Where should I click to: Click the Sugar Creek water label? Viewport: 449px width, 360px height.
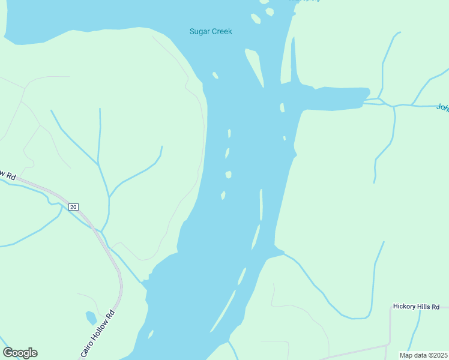(x=210, y=31)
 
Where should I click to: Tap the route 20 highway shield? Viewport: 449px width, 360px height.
(x=73, y=207)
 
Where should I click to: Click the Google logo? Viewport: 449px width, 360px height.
(x=20, y=353)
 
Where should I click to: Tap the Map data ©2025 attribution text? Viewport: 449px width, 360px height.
(x=424, y=355)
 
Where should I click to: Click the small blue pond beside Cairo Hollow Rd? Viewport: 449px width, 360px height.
(x=91, y=317)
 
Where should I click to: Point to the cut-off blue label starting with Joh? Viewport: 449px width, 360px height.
(x=442, y=107)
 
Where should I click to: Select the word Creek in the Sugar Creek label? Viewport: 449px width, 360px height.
(x=221, y=31)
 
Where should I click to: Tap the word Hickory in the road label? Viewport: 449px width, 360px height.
(x=406, y=307)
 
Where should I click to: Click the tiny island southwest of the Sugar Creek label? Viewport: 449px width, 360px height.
(x=215, y=76)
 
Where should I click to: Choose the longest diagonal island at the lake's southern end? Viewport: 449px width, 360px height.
(x=223, y=310)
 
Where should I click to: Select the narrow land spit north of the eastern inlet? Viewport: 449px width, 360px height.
(x=293, y=60)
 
